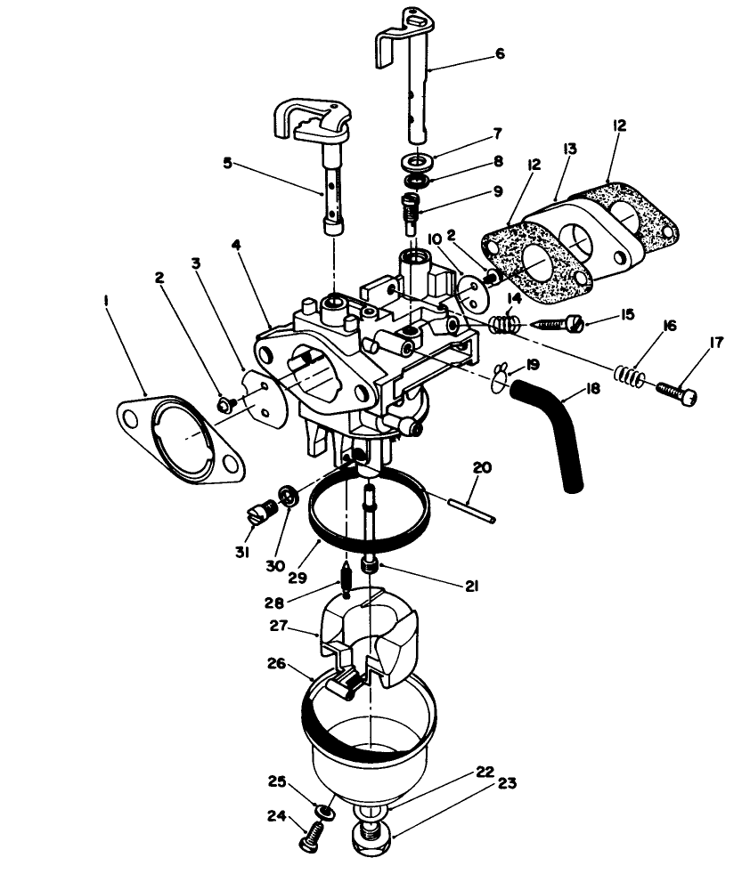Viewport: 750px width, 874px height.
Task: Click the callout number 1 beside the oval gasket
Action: coord(107,302)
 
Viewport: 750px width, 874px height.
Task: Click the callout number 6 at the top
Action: coord(499,53)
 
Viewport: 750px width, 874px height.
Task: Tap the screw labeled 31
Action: coord(258,514)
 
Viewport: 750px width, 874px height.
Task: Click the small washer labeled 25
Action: coord(326,811)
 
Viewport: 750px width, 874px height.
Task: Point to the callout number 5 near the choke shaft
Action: coord(228,163)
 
